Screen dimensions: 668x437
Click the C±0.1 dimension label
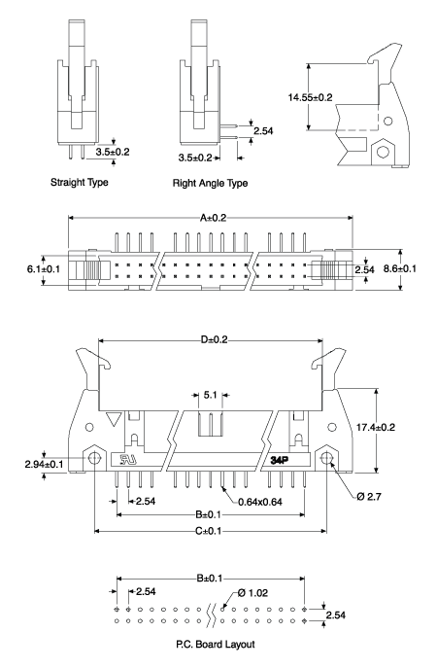(x=211, y=531)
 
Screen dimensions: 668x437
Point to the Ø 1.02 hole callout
(x=251, y=594)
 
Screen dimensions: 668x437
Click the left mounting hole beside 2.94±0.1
(x=95, y=458)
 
